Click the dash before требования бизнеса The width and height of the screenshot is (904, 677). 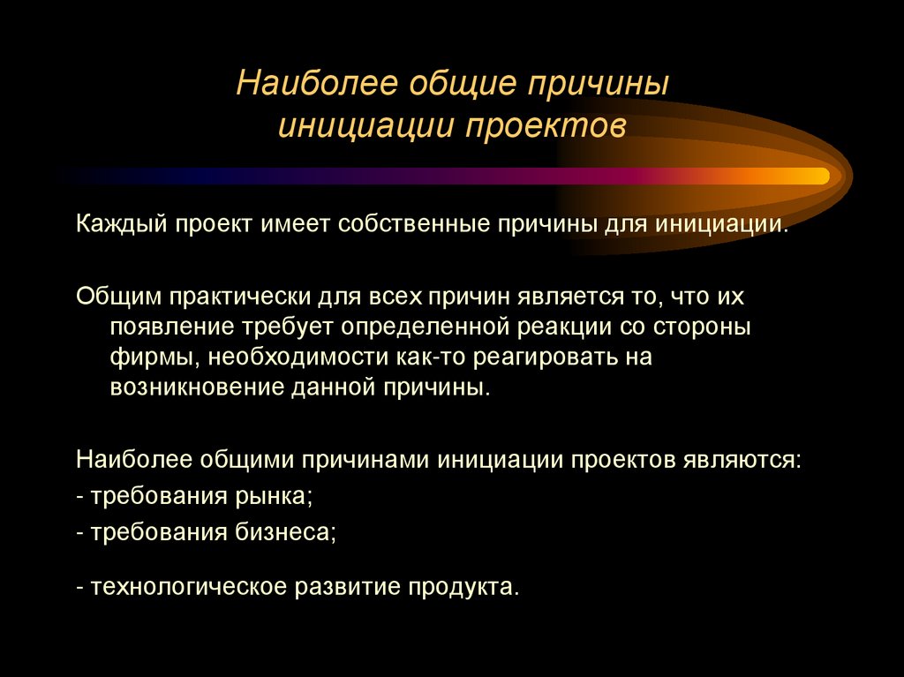(x=80, y=532)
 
